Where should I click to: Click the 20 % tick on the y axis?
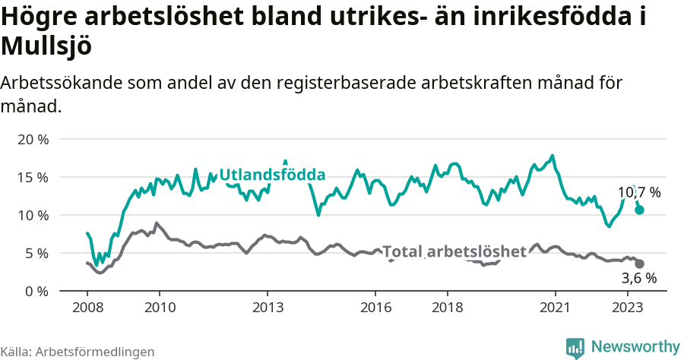[x=33, y=139]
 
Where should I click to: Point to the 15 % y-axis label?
[x=33, y=177]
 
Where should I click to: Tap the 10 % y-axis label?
[x=33, y=215]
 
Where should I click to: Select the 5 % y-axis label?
[x=36, y=253]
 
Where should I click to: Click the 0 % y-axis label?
[x=36, y=291]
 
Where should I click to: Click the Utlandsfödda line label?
[x=272, y=175]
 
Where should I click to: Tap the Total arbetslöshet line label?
[x=454, y=251]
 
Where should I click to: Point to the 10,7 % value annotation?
[x=638, y=192]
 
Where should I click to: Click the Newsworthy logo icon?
[x=575, y=347]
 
